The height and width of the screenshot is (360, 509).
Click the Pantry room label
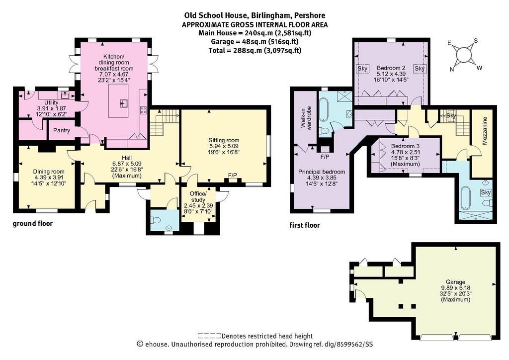pos(61,130)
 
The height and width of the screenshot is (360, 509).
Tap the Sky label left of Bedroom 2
pos(362,69)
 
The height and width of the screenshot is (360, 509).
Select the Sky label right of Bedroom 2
pos(420,69)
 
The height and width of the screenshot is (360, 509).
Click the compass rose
pos(464,55)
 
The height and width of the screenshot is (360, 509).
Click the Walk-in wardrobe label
pos(306,118)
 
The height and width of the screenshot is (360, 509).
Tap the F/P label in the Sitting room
pos(233,176)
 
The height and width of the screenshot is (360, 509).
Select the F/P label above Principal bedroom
pos(325,157)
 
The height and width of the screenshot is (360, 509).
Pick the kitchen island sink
pos(124,103)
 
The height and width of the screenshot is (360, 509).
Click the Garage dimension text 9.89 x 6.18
pos(455,287)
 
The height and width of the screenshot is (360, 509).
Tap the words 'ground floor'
pos(32,224)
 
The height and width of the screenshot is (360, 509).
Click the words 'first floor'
pos(305,225)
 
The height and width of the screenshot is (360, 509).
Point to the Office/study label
pos(198,197)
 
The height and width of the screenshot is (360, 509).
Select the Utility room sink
pos(65,95)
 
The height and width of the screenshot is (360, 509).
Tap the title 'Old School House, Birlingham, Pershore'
pos(255,15)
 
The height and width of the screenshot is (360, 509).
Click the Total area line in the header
pos(255,50)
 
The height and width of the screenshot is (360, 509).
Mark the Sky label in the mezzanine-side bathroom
pos(486,192)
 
